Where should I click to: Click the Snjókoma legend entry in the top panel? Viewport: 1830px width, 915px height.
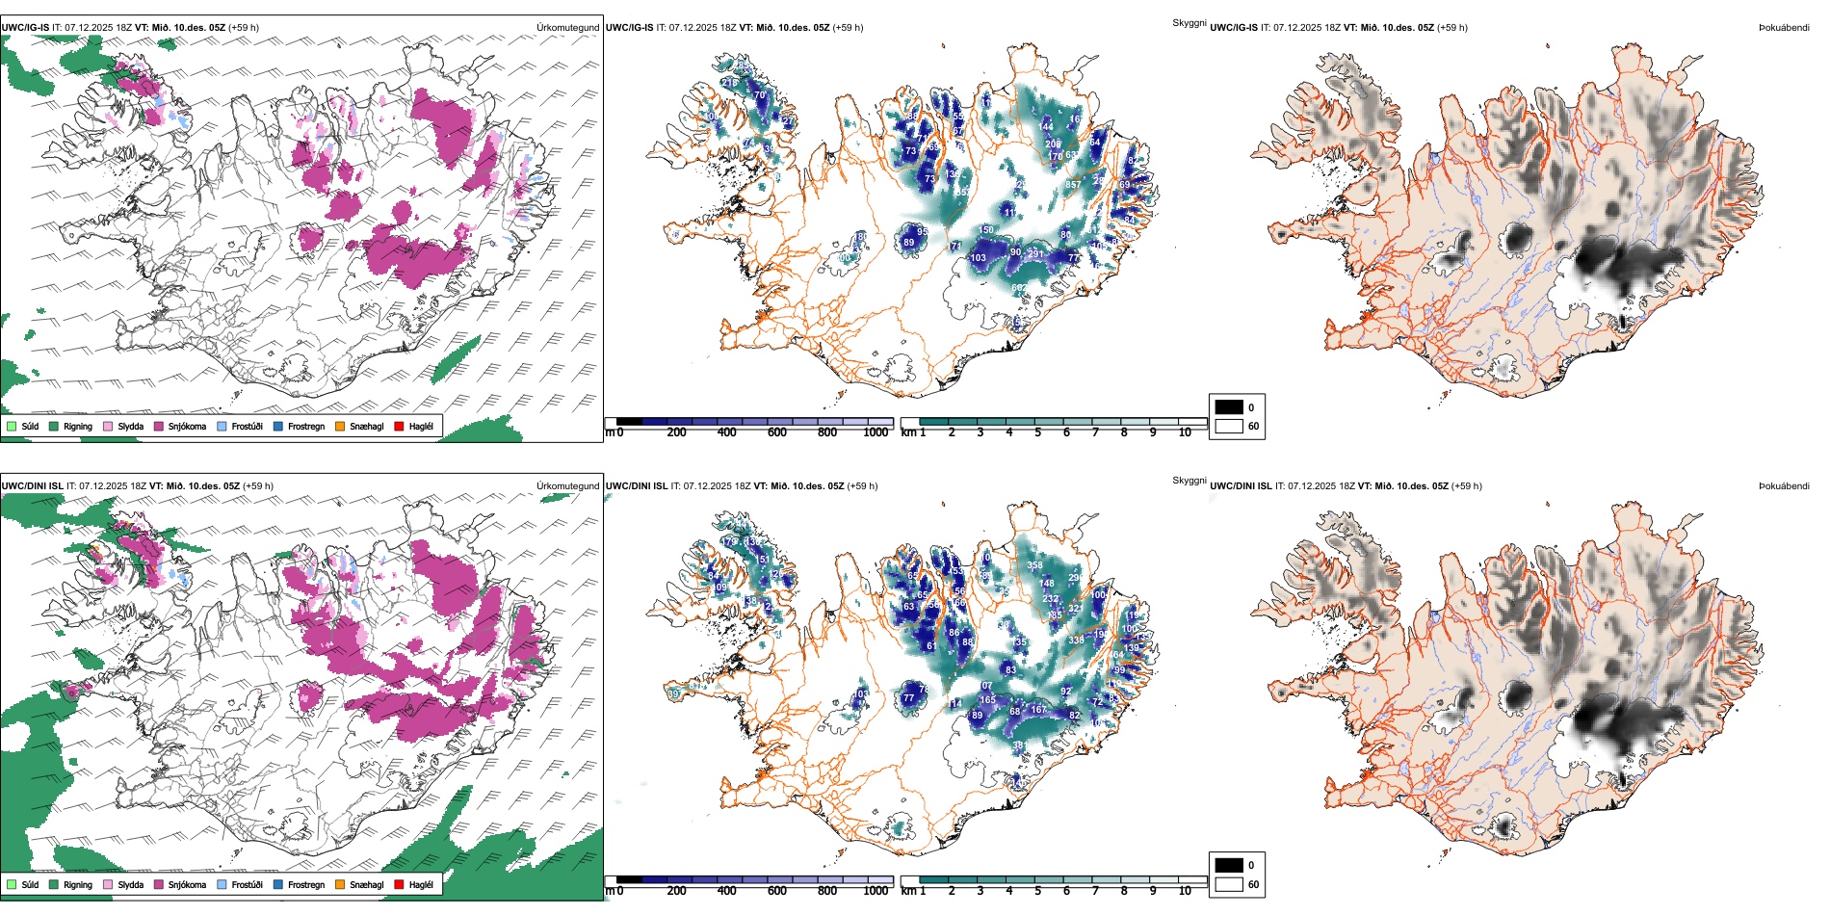tap(187, 426)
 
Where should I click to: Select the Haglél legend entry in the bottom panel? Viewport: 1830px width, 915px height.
tap(421, 884)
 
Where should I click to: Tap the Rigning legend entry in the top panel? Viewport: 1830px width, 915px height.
tap(78, 426)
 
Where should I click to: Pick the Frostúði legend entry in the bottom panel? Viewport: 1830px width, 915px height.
tap(247, 884)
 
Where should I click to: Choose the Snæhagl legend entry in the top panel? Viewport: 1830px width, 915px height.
tap(366, 426)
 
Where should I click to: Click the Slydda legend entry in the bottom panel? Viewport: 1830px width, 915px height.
tap(130, 884)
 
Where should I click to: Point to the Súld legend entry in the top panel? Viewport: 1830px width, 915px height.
tap(30, 426)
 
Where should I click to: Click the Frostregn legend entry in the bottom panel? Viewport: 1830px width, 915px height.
tap(306, 884)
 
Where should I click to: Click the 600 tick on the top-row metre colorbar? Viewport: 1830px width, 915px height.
tap(777, 432)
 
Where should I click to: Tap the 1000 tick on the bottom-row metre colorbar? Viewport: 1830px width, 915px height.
tap(876, 891)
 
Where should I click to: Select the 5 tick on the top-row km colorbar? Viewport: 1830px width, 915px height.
tap(1038, 432)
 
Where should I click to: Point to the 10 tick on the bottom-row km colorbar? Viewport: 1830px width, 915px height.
tap(1185, 891)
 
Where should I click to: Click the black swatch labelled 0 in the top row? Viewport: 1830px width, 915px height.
tap(1229, 407)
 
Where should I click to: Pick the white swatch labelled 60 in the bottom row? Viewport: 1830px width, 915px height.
tap(1229, 884)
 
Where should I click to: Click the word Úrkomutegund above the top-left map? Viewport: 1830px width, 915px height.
tap(567, 28)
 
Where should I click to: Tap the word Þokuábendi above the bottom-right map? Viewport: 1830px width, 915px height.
tap(1784, 486)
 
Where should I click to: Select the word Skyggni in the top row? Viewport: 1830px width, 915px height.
tap(1189, 22)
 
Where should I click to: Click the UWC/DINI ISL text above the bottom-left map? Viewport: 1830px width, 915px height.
tap(32, 486)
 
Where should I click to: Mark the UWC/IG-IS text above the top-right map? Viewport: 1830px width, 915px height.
tap(1234, 28)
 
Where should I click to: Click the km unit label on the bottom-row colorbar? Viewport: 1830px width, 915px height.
tap(908, 891)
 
